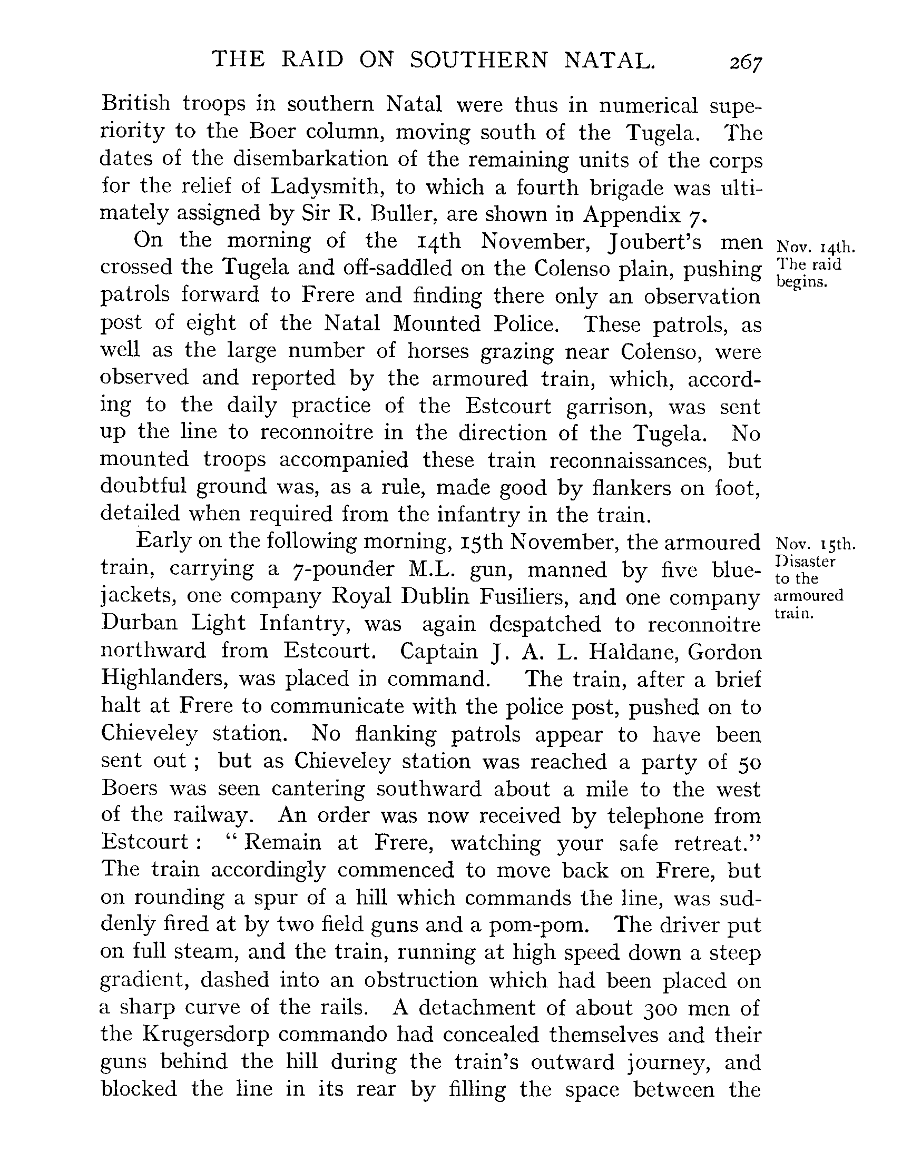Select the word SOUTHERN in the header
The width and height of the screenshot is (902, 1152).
click(x=479, y=61)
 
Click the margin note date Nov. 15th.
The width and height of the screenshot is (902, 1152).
click(x=816, y=544)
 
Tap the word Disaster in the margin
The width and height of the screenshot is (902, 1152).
click(x=805, y=561)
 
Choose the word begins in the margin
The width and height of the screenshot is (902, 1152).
click(x=802, y=282)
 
